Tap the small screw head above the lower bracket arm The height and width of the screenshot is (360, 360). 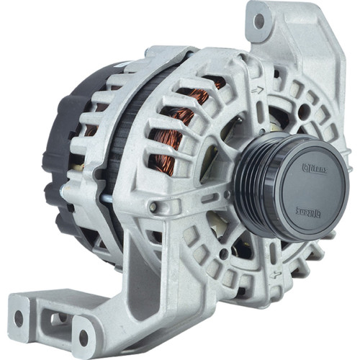point(153,208)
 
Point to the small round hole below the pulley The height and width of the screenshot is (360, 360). point(224,253)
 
